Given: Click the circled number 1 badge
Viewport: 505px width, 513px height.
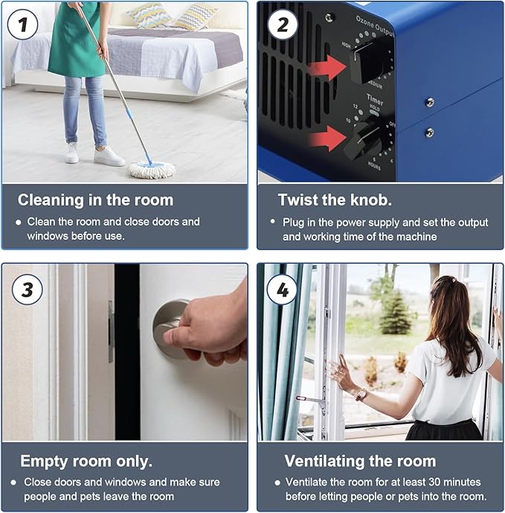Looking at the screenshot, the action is [22, 25].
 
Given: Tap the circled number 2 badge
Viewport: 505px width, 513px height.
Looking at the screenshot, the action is [283, 25].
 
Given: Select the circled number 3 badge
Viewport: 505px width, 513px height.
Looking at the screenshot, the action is [28, 290].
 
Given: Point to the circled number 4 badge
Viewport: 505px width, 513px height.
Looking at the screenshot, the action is [283, 290].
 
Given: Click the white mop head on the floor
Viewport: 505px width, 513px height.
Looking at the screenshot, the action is [151, 170].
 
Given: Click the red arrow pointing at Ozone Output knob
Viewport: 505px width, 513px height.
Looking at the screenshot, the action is [327, 68].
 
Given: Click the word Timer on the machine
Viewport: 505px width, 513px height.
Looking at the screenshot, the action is [374, 99].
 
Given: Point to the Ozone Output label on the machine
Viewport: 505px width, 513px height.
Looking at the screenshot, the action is [375, 25].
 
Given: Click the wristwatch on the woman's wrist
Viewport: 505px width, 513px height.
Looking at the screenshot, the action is [361, 395].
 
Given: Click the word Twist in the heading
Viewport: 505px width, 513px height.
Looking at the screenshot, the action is [299, 200].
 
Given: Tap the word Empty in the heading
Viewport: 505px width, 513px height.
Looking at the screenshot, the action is [44, 462].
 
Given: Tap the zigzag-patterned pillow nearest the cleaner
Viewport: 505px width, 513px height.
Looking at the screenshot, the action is [149, 15].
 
